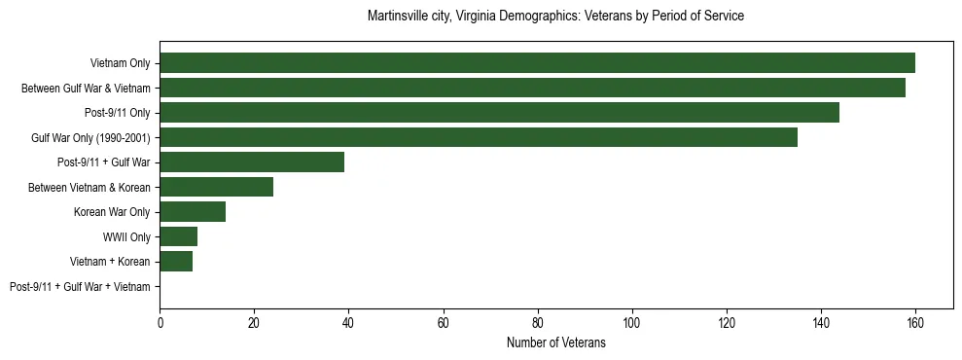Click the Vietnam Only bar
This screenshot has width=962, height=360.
[x=537, y=63]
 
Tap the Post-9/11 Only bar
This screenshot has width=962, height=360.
[x=499, y=113]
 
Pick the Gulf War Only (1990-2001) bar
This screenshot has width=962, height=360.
[x=478, y=137]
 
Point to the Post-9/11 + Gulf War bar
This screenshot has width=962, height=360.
[x=252, y=162]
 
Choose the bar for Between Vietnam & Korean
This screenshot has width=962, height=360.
[x=216, y=187]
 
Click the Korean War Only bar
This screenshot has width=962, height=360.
[x=193, y=212]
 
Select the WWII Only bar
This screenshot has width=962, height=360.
[x=178, y=236]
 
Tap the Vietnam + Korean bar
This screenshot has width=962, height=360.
[x=176, y=262]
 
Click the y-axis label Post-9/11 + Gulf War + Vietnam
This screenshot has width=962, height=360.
[x=80, y=287]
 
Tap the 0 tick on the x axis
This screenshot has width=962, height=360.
[x=160, y=324]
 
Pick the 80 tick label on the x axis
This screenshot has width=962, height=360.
[x=537, y=324]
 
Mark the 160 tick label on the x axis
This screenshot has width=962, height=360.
[x=914, y=324]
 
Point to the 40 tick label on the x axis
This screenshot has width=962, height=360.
[x=348, y=324]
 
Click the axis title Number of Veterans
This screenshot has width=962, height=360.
[x=555, y=342]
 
